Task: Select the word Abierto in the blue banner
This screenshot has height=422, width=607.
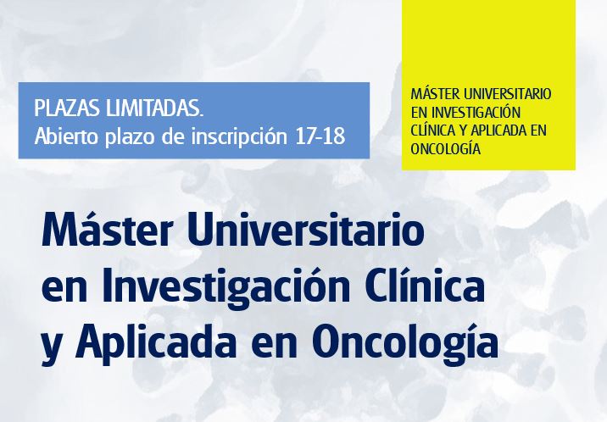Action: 64,137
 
